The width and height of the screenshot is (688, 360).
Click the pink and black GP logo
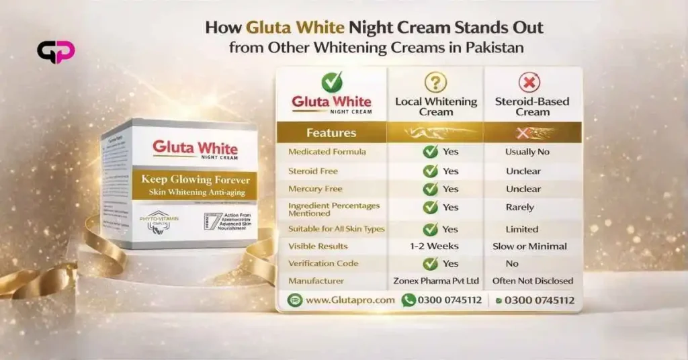56,52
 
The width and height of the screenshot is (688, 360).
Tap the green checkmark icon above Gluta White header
331,82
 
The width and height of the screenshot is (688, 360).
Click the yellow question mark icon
435,82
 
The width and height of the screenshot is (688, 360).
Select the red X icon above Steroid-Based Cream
529,82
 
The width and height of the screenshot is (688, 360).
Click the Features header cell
331,132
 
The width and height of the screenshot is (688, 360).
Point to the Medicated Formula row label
327,152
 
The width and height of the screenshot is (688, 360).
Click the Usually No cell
527,152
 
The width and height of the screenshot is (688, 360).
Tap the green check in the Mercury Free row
430,189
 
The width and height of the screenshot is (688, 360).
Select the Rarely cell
520,208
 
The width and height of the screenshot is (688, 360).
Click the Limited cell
522,229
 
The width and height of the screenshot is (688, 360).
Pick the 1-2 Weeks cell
434,246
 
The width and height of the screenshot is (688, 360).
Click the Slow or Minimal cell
529,246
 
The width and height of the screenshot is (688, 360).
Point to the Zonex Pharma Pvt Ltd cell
435,281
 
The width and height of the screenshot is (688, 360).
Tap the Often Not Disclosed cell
532,281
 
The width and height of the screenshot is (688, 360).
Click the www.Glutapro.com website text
350,300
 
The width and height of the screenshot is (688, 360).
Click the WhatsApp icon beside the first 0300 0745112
408,300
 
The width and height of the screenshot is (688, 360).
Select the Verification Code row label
323,264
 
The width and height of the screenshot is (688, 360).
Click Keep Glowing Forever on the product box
195,180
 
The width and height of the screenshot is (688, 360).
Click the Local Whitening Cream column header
436,106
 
